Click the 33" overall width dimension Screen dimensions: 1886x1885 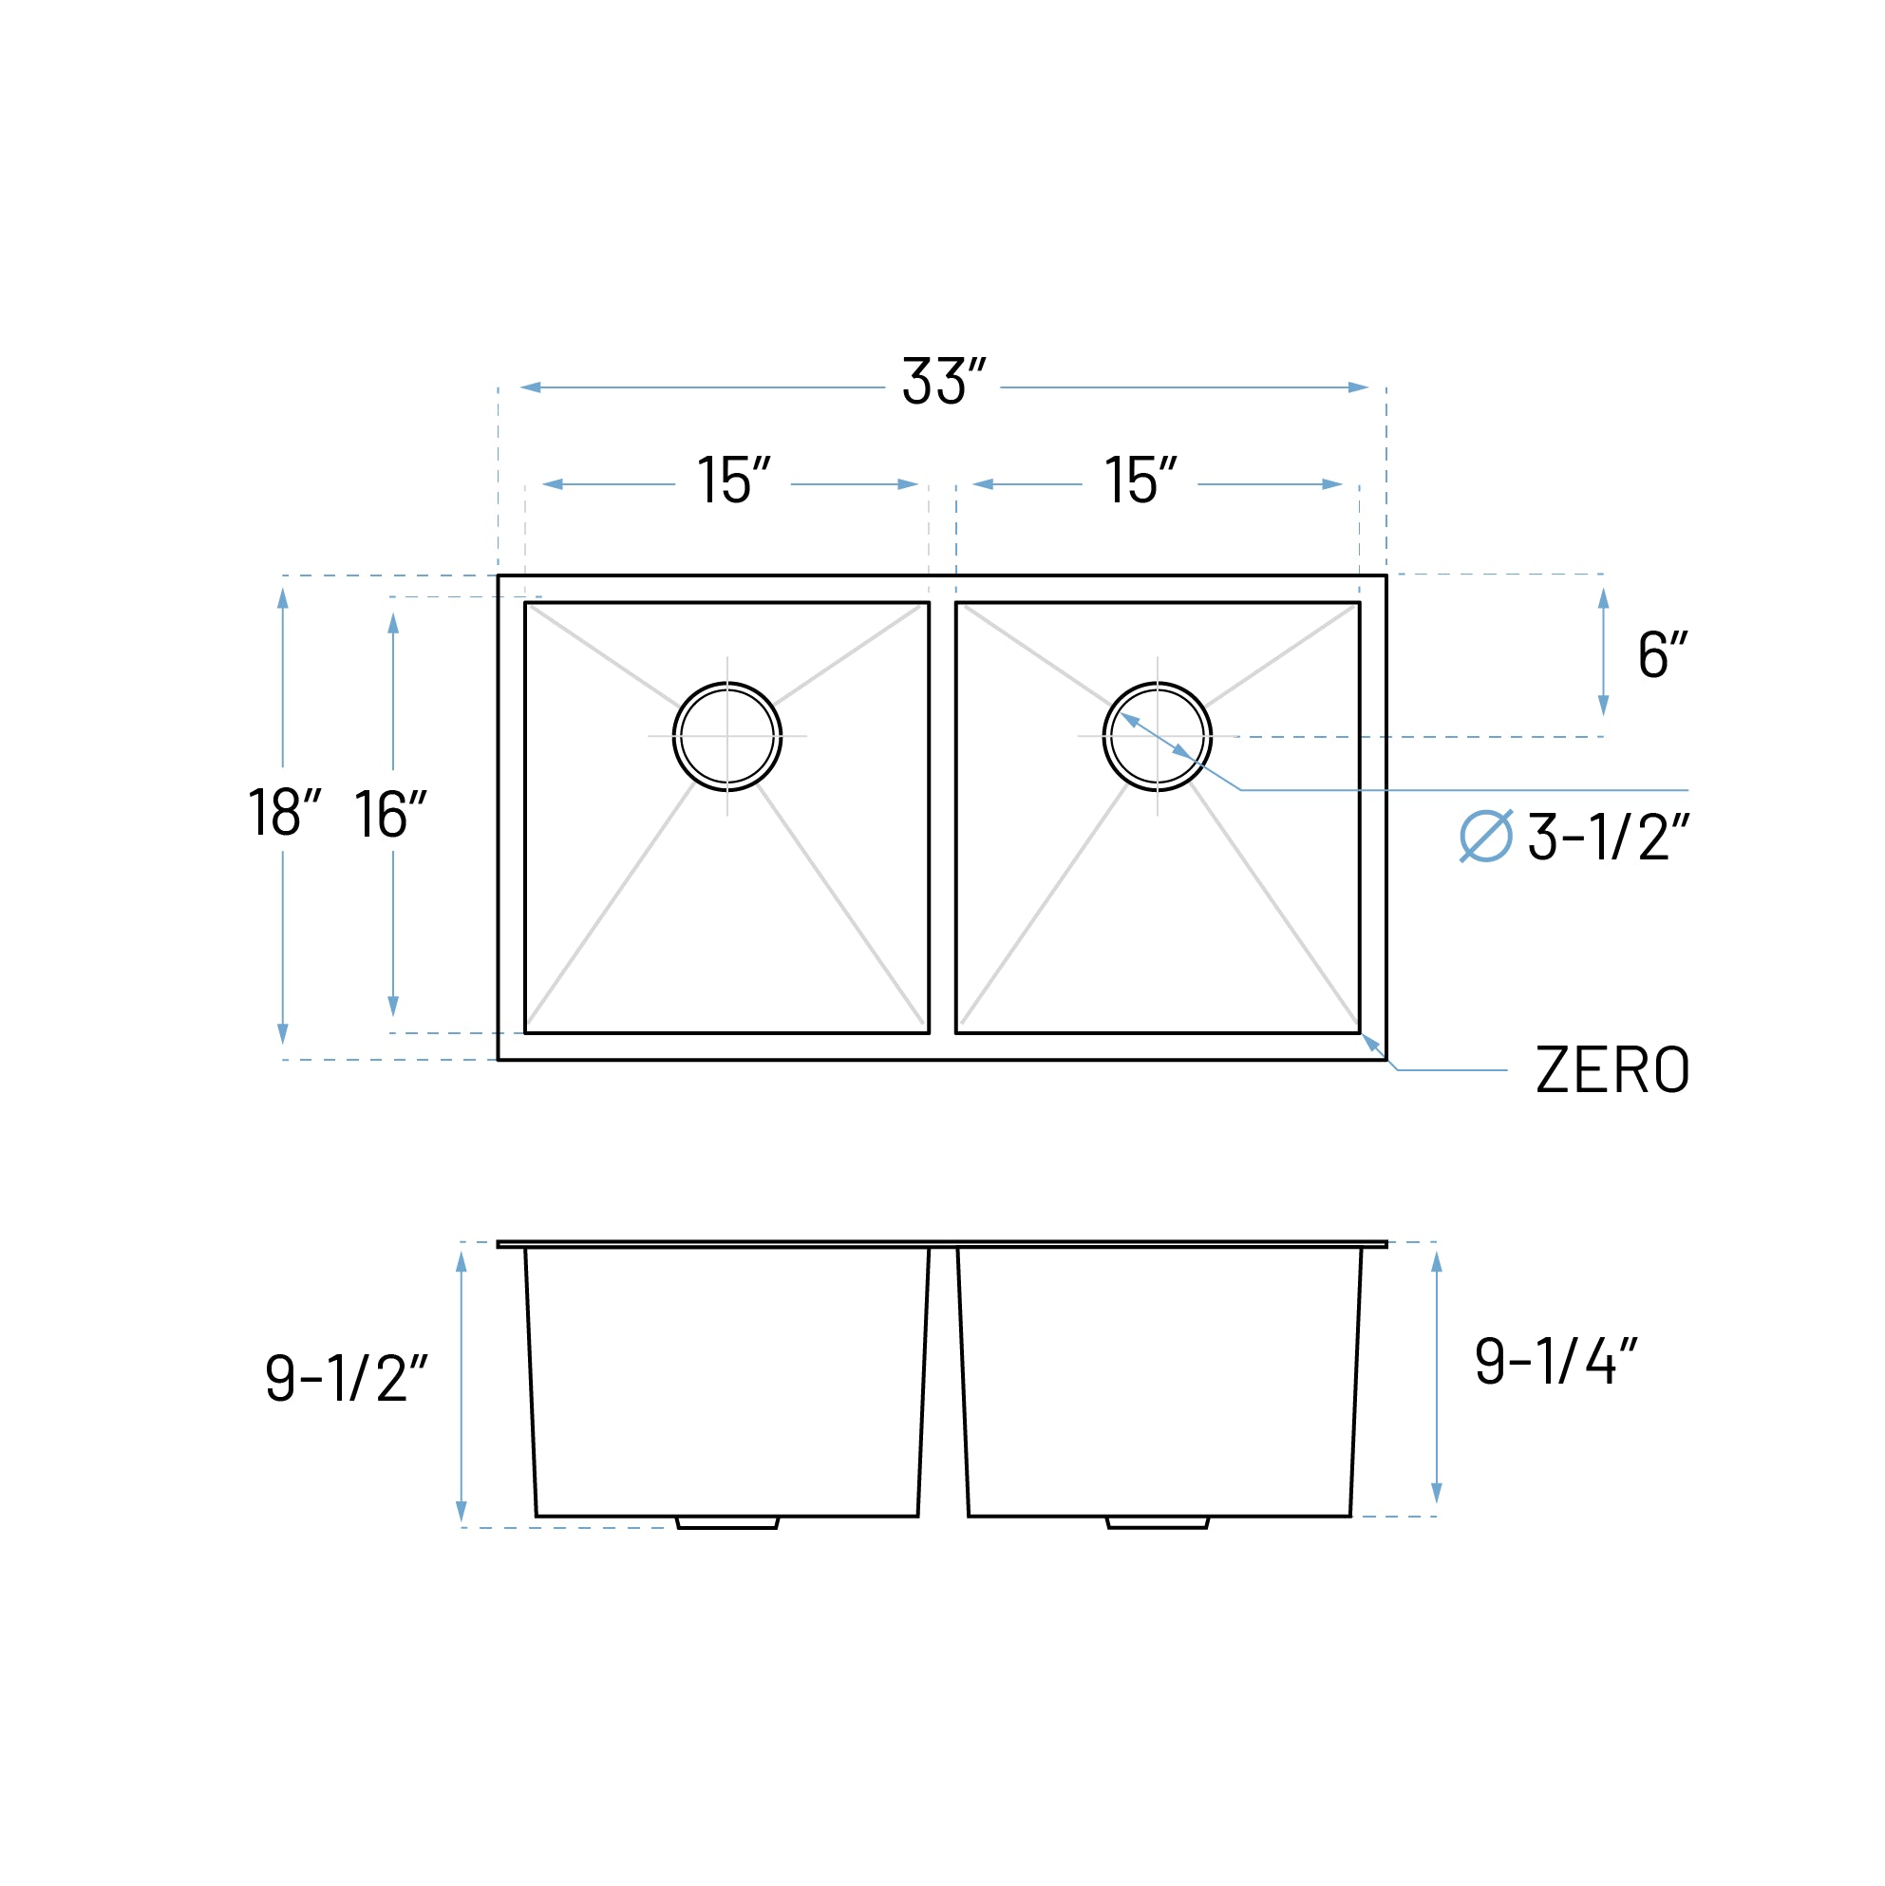943,381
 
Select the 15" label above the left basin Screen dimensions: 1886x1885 733,481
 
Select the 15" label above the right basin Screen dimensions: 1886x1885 1140,481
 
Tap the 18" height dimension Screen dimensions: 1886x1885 283,812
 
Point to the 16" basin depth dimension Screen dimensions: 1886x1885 389,814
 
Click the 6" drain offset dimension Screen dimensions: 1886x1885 1662,655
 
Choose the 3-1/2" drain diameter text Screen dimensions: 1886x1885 1607,838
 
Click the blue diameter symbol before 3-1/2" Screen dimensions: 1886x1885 1486,837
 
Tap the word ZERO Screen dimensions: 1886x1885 1612,1070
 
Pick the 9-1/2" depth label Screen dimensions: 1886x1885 346,1379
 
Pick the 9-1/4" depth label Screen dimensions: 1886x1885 1555,1361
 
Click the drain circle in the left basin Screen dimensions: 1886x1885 727,736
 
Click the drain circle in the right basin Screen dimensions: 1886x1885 1157,736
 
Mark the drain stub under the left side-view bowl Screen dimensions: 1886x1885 727,1522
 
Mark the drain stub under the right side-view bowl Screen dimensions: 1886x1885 1157,1522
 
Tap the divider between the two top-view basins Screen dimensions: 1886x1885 942,818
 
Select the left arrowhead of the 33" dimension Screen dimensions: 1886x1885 531,387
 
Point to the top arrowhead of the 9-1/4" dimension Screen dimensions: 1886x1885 1436,1262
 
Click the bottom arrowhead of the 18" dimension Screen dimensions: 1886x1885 283,1033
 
